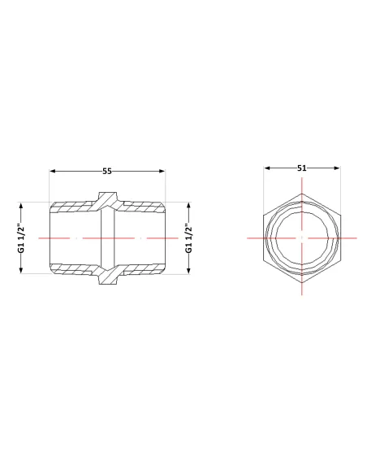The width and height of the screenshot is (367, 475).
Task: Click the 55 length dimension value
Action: click(x=107, y=171)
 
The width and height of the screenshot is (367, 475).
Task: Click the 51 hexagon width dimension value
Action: click(x=302, y=168)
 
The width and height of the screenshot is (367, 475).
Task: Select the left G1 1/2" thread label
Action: click(x=20, y=238)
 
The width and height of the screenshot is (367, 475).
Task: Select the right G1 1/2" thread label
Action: click(x=188, y=238)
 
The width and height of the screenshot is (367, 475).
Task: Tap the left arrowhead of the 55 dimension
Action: click(x=53, y=171)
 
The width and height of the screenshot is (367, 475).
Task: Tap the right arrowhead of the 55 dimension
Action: click(x=162, y=171)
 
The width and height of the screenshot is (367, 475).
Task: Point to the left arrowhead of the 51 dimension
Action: click(x=267, y=168)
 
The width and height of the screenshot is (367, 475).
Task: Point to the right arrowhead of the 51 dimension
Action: click(x=336, y=168)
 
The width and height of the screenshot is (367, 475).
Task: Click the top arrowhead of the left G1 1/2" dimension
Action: click(x=21, y=206)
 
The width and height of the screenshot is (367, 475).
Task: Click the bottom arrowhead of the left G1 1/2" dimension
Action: click(x=21, y=271)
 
